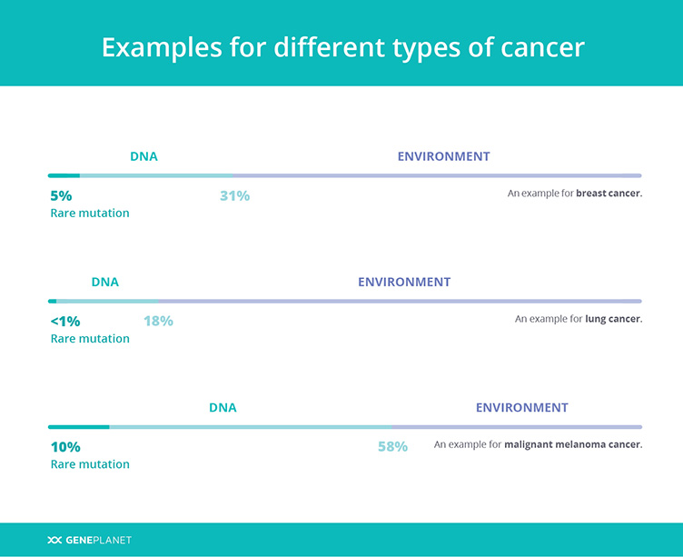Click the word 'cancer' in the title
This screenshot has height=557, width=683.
point(542,47)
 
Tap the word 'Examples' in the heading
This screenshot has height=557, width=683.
point(162,47)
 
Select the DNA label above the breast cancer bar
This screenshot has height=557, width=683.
point(144,156)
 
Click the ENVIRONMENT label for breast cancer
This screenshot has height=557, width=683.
point(443,156)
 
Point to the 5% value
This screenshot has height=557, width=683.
point(61,195)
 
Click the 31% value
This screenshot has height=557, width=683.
point(234,195)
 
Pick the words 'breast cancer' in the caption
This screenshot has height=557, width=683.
point(609,193)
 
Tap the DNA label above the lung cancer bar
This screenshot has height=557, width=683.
point(105,282)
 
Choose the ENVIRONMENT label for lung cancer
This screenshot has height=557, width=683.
point(404,282)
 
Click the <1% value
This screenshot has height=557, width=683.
point(65,322)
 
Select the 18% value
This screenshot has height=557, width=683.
point(159,322)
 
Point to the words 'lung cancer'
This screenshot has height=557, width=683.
point(613,319)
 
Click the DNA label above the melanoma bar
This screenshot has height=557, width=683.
point(223,407)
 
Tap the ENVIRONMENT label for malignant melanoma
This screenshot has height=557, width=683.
point(522,407)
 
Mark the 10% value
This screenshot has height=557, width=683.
point(65,447)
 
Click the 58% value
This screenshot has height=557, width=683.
point(393,447)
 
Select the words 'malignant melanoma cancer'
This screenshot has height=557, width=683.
point(573,444)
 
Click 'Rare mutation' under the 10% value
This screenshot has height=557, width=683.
point(90,464)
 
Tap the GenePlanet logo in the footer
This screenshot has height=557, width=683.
point(89,540)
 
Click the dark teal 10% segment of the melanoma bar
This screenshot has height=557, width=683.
point(78,427)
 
